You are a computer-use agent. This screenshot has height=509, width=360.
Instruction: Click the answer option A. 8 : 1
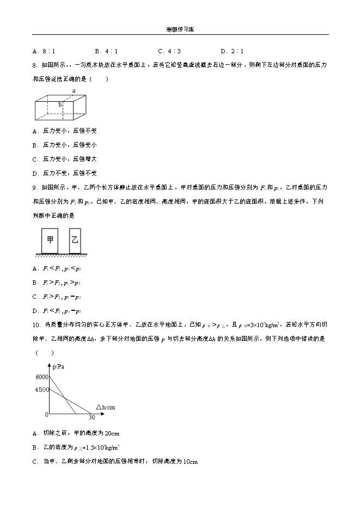(x=44, y=51)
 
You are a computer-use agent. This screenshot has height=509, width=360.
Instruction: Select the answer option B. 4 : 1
(x=107, y=51)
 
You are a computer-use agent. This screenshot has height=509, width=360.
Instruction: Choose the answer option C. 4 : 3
(x=169, y=51)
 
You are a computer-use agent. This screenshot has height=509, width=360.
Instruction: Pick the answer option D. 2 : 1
(x=233, y=51)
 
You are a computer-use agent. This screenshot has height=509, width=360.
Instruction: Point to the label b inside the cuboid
(x=61, y=104)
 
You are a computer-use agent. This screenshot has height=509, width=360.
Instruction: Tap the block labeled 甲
(x=51, y=240)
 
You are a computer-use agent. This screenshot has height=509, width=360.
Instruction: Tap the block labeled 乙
(x=75, y=240)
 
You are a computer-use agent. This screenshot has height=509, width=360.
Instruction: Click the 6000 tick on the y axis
(x=41, y=377)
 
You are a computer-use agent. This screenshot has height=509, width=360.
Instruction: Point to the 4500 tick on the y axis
(x=41, y=390)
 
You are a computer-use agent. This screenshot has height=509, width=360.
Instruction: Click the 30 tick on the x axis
(x=91, y=418)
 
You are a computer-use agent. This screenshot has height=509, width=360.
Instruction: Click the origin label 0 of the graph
(x=46, y=415)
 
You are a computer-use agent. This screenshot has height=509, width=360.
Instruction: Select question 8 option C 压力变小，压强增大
(x=65, y=159)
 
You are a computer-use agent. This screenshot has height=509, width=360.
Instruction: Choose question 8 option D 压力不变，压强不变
(x=65, y=173)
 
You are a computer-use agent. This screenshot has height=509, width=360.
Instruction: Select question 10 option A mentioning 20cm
(x=76, y=433)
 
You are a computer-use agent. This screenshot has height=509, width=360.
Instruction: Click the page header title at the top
(x=180, y=30)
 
